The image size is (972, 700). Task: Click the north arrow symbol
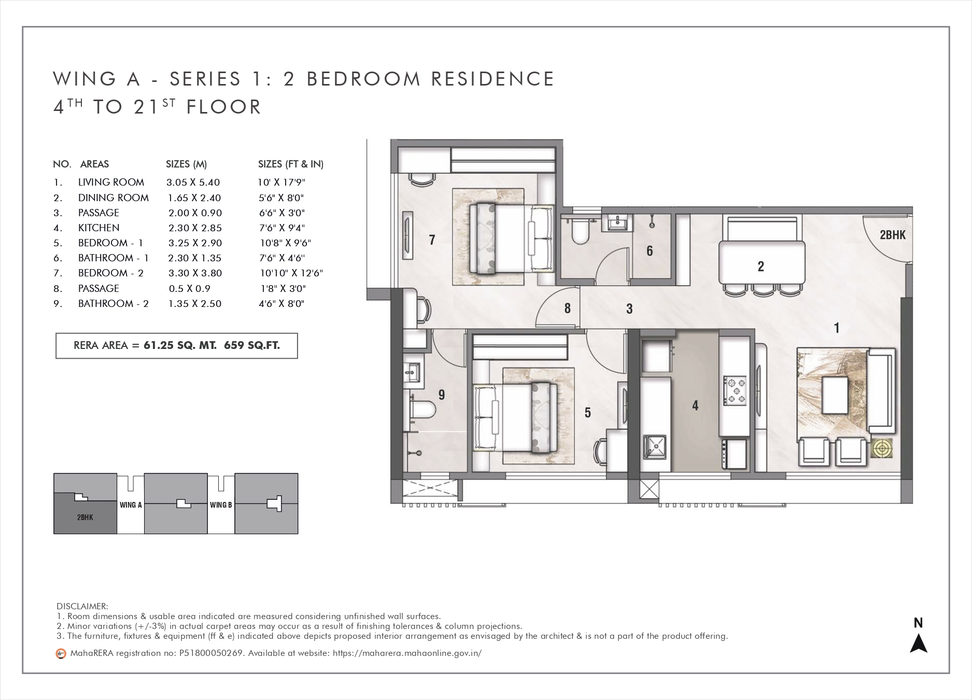[x=919, y=643]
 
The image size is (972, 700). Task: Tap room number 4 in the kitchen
[x=695, y=405]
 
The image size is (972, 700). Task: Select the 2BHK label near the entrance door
[x=893, y=235]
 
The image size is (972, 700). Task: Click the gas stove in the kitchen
[x=735, y=390]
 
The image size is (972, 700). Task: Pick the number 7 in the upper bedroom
[x=432, y=240]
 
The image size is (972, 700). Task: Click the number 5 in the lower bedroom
[x=587, y=412]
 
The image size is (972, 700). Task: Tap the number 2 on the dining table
[x=760, y=267]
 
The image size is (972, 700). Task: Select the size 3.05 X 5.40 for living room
[x=193, y=183]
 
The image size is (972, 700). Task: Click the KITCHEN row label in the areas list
[x=99, y=228]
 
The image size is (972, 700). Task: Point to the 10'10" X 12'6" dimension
[x=292, y=273]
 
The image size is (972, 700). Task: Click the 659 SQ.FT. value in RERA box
[x=252, y=345]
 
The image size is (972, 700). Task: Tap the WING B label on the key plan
[x=221, y=505]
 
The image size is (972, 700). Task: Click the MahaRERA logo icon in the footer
[x=61, y=653]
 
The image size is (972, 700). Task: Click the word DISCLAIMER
[x=82, y=606]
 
